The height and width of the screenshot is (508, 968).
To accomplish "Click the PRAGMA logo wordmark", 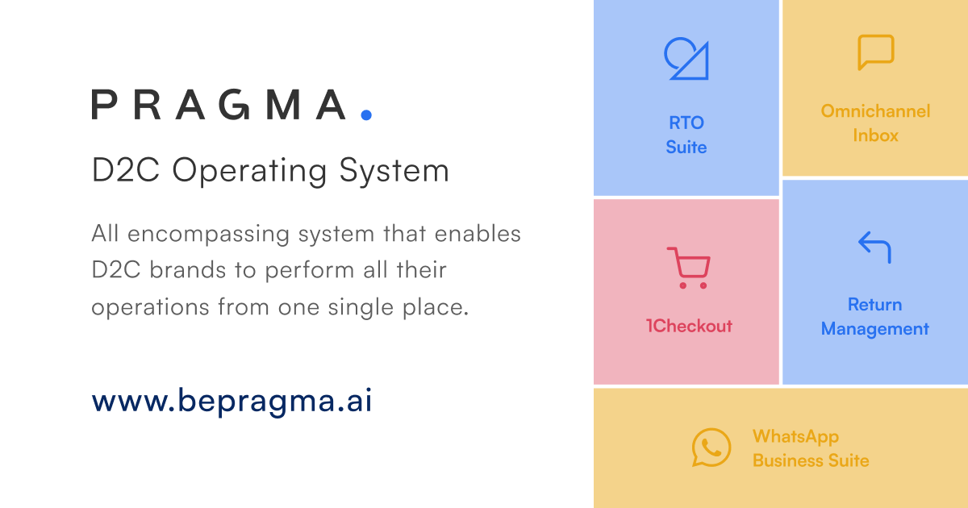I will click(x=219, y=105).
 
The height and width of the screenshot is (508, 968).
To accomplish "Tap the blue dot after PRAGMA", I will click(x=366, y=115).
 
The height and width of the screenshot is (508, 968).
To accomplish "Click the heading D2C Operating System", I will click(x=270, y=171).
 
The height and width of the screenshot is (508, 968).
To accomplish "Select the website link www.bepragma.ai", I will click(x=232, y=401).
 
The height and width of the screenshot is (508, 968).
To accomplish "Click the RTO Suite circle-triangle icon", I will click(x=686, y=58).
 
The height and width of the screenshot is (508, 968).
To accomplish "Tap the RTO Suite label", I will click(x=686, y=135).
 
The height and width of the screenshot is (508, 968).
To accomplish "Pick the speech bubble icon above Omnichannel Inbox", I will click(x=875, y=52).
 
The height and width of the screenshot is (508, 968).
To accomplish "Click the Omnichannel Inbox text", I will click(x=875, y=123).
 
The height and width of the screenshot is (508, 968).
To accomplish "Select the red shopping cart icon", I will click(x=688, y=268).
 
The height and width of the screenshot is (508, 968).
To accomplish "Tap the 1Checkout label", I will click(x=689, y=326).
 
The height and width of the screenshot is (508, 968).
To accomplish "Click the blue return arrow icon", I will click(x=874, y=247).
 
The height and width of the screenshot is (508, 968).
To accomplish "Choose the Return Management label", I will click(x=875, y=317).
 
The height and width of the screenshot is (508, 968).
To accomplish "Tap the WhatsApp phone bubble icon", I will click(x=711, y=448).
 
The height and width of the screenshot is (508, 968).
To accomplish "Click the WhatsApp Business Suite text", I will click(x=811, y=448).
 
